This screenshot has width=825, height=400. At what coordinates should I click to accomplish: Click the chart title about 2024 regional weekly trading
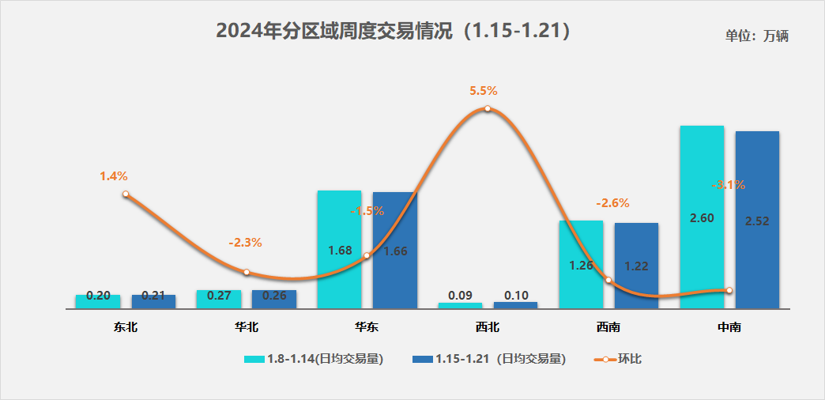point(393,31)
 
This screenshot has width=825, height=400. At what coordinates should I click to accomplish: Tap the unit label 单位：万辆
point(756,36)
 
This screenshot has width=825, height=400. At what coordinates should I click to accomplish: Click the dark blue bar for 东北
point(153,301)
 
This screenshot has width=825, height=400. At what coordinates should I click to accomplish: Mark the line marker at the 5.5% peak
point(488,108)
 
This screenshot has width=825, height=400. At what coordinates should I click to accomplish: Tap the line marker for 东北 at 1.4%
point(126,194)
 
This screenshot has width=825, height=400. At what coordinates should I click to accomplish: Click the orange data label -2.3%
point(245,243)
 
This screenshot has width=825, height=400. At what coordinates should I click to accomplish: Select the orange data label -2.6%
point(612,203)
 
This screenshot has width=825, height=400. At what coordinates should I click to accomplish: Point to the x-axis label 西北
point(488,326)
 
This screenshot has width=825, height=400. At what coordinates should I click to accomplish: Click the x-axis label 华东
point(367,326)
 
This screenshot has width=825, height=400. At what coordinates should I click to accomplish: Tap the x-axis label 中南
point(729,326)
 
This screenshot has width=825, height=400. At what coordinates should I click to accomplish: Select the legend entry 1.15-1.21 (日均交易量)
point(490,359)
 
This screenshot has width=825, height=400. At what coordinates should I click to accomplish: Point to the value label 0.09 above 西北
point(460,296)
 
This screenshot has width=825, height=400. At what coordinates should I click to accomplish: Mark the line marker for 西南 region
point(608,280)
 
